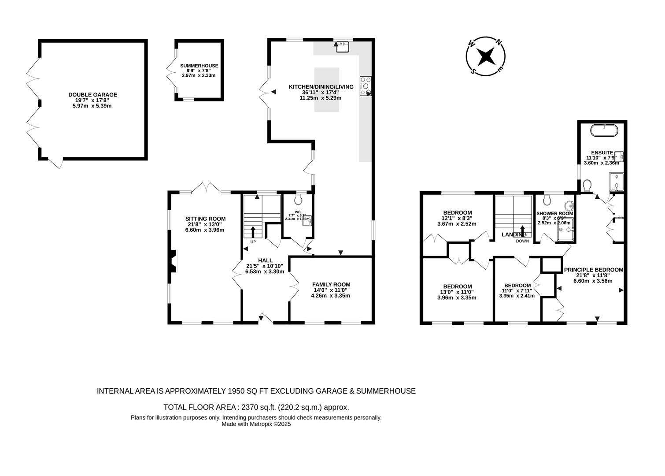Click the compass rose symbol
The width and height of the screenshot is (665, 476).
tap(486, 56)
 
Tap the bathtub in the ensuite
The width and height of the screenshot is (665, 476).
tap(604, 130)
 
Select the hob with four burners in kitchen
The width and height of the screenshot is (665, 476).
tap(366, 86)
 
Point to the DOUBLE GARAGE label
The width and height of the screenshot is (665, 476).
tap(92, 95)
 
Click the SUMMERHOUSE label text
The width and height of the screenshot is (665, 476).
tap(199, 66)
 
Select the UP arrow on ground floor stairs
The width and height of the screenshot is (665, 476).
tap(253, 232)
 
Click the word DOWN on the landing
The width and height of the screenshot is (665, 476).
tap(522, 241)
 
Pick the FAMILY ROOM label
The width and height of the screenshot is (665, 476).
tap(331, 284)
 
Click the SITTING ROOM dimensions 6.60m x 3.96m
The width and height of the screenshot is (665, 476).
tap(205, 230)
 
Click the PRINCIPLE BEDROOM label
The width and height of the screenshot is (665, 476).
tap(594, 270)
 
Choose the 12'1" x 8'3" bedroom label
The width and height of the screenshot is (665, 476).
tap(457, 218)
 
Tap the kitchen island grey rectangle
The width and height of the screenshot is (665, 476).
tap(326, 89)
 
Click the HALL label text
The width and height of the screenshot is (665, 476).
tap(265, 260)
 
